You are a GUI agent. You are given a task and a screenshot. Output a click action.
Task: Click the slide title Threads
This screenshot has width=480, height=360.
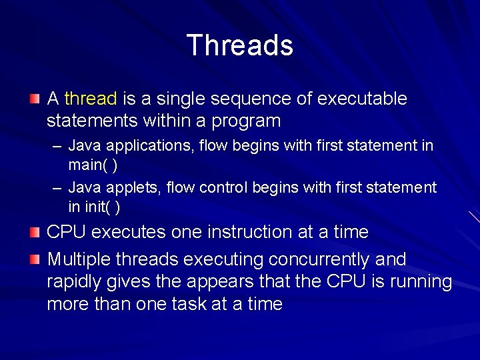(x=240, y=45)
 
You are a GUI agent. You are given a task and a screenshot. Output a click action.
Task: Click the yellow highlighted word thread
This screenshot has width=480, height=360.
(x=91, y=99)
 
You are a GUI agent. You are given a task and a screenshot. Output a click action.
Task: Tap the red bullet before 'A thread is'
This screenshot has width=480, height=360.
(x=35, y=99)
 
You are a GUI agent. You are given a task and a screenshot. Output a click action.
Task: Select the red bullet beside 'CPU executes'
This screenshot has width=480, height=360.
(x=35, y=232)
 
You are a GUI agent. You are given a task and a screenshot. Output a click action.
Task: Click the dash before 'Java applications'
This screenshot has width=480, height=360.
(x=58, y=145)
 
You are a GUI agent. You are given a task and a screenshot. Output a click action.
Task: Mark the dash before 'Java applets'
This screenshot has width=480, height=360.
(x=58, y=188)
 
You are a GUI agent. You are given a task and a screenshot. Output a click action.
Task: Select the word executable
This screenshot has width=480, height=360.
(x=362, y=99)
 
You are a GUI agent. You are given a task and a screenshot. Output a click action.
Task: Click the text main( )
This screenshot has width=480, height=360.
(x=93, y=165)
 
